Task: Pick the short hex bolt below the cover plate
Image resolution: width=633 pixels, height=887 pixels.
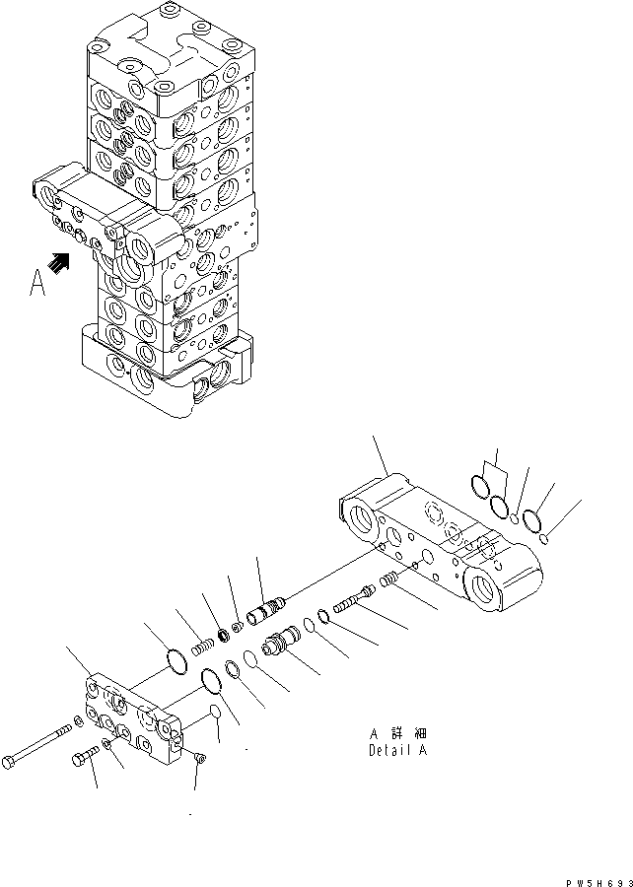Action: (83, 760)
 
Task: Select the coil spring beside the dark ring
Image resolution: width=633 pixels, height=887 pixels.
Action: (201, 647)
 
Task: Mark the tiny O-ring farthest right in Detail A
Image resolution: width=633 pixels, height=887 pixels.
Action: (545, 537)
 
